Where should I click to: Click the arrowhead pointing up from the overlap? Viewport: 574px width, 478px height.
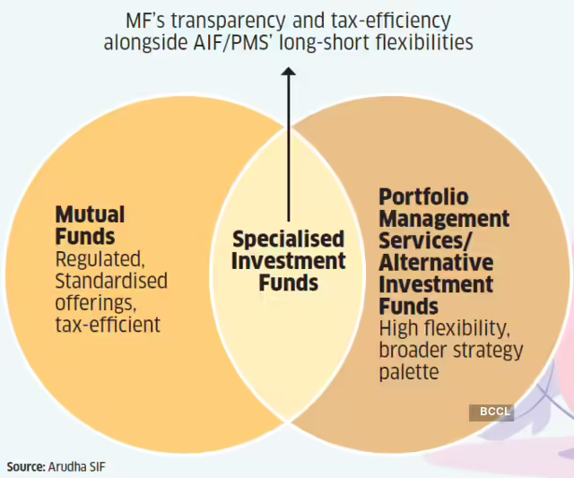(289, 76)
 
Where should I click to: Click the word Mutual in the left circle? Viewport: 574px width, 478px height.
(90, 215)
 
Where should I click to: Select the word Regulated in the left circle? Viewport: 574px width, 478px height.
(100, 259)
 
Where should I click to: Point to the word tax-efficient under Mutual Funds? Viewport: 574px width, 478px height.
(108, 324)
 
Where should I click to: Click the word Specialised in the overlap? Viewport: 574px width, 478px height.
(288, 239)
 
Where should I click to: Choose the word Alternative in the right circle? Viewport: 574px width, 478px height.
(436, 263)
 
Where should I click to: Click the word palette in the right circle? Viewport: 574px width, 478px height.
(409, 370)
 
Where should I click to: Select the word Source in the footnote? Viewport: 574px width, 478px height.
(27, 467)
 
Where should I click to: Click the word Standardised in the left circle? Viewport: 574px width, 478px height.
(111, 281)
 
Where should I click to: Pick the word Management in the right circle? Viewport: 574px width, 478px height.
(444, 219)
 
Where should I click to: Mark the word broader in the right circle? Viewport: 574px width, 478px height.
(413, 350)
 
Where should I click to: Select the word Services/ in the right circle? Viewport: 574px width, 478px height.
(423, 241)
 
